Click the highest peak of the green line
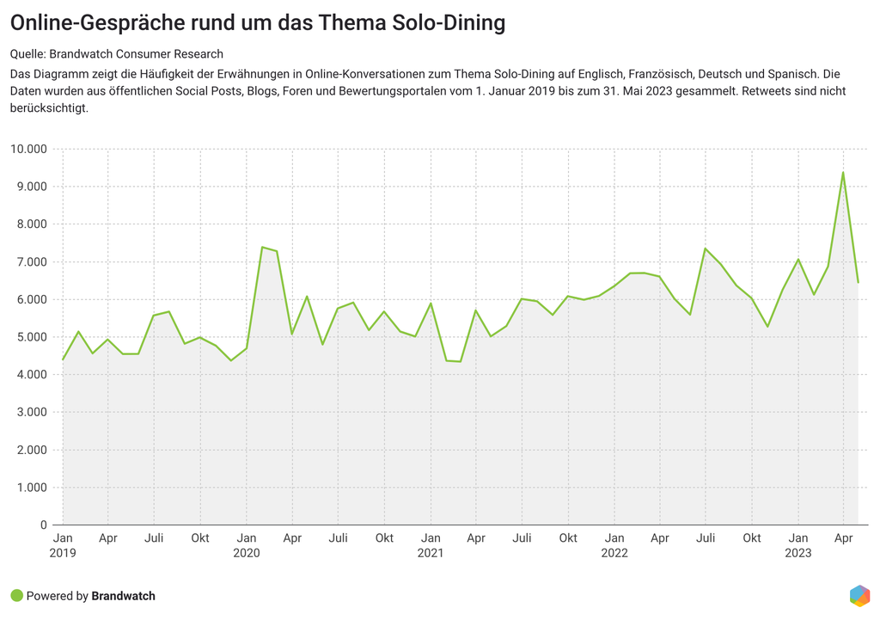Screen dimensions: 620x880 pyautogui.click(x=843, y=172)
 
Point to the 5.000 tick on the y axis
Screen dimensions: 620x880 pyautogui.click(x=31, y=337)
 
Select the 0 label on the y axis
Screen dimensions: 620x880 pyautogui.click(x=43, y=525)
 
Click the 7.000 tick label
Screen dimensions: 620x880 pyautogui.click(x=31, y=261)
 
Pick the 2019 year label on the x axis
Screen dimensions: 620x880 pyautogui.click(x=63, y=553)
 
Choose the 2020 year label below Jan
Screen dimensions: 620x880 pyautogui.click(x=247, y=553)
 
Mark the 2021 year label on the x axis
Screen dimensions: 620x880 pyautogui.click(x=431, y=553)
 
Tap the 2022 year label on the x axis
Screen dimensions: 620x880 pyautogui.click(x=614, y=553)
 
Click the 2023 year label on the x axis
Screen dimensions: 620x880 pyautogui.click(x=798, y=553)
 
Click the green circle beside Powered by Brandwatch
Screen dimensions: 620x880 pyautogui.click(x=16, y=595)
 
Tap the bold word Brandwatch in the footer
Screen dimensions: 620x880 pyautogui.click(x=123, y=596)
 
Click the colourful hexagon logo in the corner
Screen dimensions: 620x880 pyautogui.click(x=859, y=595)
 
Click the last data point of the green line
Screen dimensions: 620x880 pyautogui.click(x=858, y=282)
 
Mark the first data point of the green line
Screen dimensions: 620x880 pyautogui.click(x=63, y=359)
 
